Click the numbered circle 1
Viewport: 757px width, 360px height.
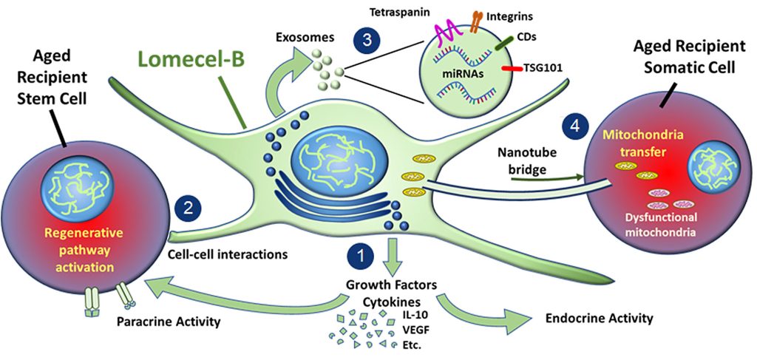pos(361,256)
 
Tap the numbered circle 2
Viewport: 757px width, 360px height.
pos(189,208)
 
